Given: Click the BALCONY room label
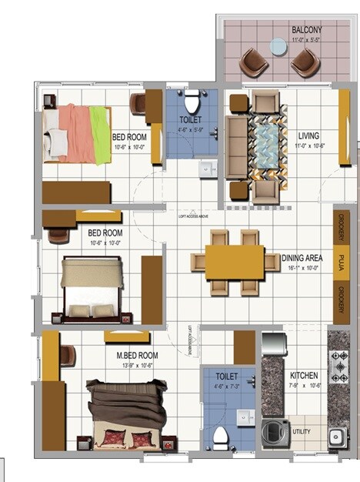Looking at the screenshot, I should point(307,30).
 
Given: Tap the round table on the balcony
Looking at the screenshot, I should point(278,47).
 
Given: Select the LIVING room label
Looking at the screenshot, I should point(308,136).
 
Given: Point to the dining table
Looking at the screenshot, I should point(235,262).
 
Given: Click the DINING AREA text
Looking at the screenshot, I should point(304,258).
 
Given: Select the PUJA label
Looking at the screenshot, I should point(340,262).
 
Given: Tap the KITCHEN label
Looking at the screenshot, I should point(305,376).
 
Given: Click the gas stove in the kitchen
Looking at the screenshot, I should point(339,368).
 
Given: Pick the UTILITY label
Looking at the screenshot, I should point(302,432).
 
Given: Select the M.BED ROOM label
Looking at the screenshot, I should point(137,356).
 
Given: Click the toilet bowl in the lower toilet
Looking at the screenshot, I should point(221,438).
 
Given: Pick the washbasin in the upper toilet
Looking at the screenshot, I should point(207,167).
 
